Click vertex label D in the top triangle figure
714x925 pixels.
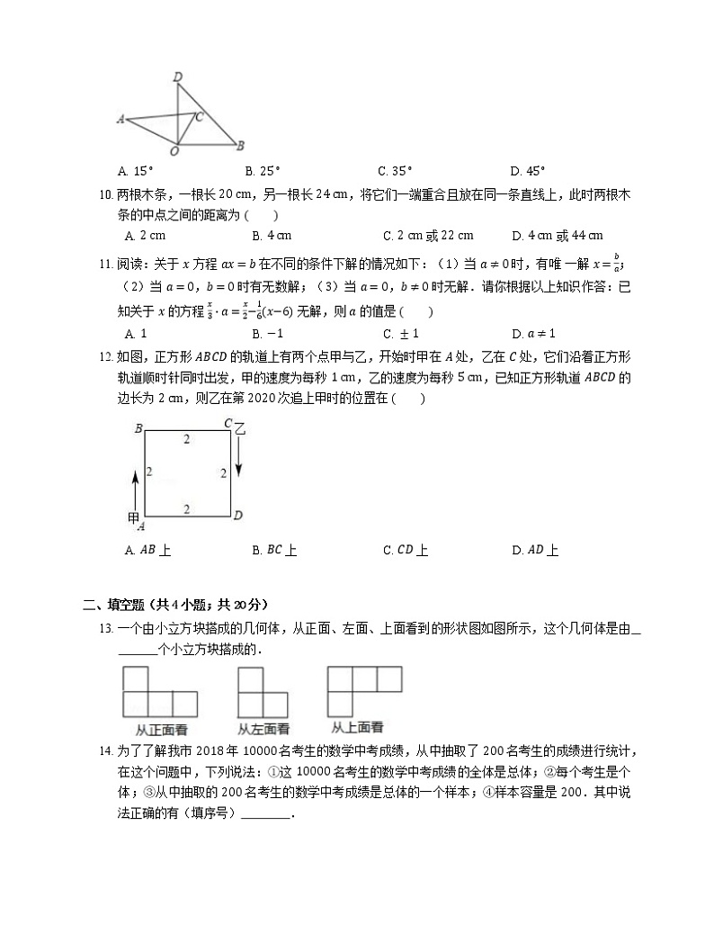coord(178,77)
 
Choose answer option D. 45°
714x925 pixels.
coord(528,170)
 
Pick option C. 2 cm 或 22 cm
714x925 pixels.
coord(428,236)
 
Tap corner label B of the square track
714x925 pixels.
coord(138,429)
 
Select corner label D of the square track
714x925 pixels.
coord(238,516)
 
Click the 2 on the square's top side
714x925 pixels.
coord(187,439)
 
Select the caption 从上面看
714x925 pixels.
coord(357,727)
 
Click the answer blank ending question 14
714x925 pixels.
coord(266,815)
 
